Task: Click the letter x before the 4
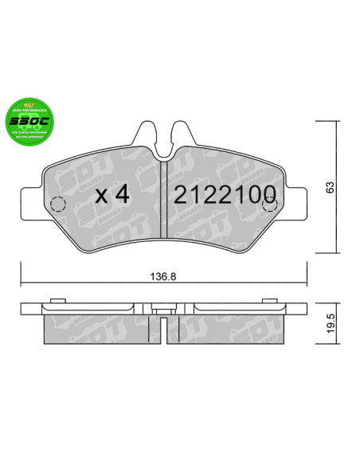point(101,197)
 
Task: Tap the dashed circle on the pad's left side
point(58,205)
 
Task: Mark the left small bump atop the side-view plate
point(57,300)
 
